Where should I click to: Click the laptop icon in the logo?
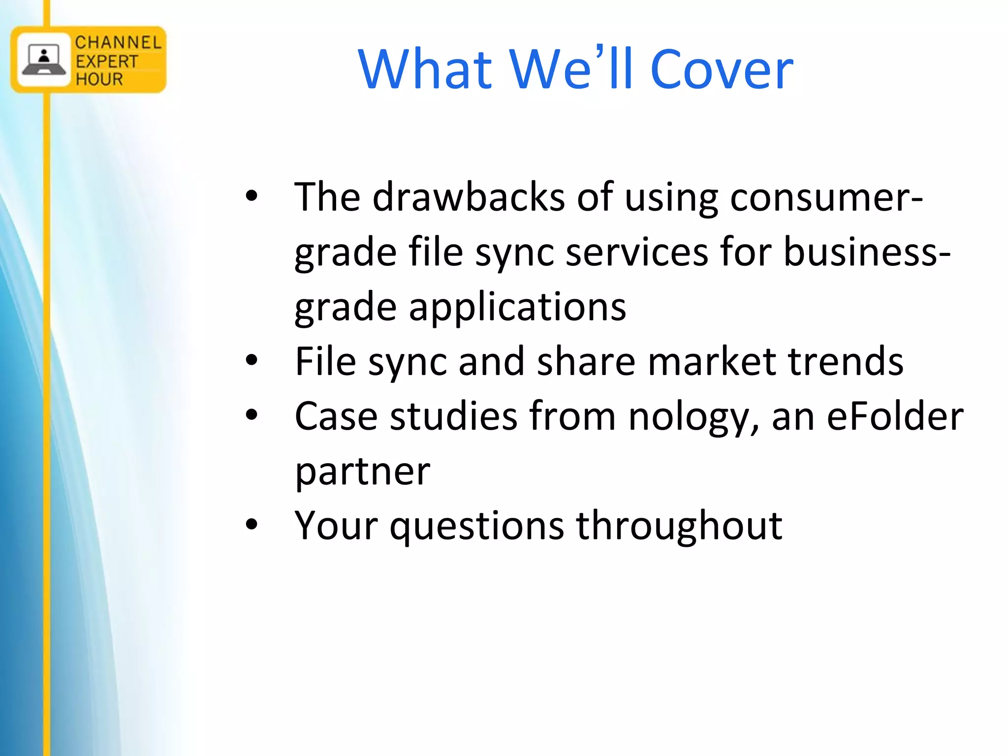[x=44, y=60]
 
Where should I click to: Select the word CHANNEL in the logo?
[x=118, y=43]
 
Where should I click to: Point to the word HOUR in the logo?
[x=99, y=79]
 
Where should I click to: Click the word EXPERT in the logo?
[x=107, y=62]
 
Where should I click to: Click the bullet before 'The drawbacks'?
[x=252, y=196]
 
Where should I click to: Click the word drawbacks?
[x=469, y=197]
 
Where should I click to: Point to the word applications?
[x=517, y=307]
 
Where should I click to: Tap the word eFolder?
[x=895, y=416]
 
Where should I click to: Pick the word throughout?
[x=679, y=526]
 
